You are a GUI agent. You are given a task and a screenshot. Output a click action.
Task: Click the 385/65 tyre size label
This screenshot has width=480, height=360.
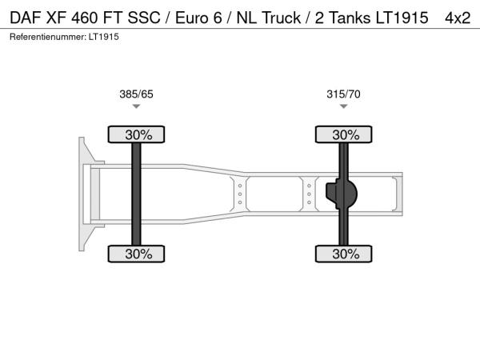136,94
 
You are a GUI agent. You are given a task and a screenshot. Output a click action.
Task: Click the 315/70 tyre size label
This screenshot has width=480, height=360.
343,94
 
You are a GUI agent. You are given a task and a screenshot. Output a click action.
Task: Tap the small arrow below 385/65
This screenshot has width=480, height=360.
136,106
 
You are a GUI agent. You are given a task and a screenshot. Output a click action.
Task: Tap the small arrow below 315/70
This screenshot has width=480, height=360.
343,106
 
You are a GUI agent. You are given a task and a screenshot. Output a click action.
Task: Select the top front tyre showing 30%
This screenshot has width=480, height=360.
136,134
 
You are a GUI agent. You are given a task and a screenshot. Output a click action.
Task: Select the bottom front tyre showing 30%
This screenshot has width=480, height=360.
136,254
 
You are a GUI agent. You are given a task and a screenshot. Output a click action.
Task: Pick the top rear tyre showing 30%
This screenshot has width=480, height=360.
343,134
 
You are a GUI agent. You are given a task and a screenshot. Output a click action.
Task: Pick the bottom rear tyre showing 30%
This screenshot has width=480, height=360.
343,254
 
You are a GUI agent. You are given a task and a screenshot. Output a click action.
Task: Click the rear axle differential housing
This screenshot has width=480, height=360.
342,194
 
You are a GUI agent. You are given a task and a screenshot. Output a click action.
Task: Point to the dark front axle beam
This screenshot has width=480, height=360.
136,194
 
